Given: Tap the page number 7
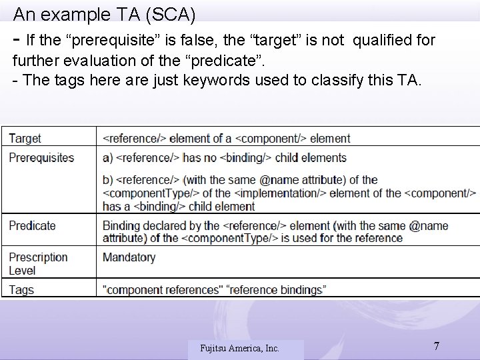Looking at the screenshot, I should (436, 346).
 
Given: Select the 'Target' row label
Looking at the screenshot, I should (25, 139).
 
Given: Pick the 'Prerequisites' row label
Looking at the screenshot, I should (41, 158).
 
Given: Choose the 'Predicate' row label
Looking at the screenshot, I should (32, 225).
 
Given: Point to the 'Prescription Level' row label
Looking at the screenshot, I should (38, 263).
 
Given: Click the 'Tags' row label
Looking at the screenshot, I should (21, 289).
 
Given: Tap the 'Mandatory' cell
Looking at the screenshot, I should (129, 257).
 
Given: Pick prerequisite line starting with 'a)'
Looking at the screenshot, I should (224, 158).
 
